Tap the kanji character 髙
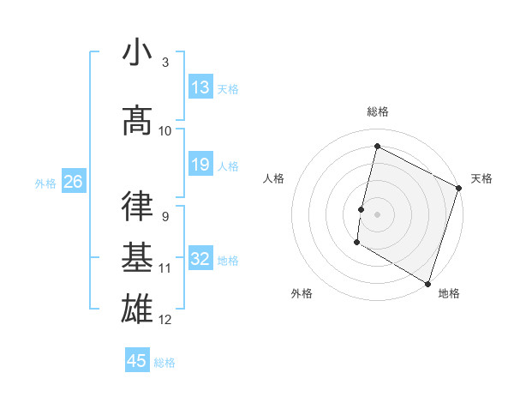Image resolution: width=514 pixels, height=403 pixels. click(137, 120)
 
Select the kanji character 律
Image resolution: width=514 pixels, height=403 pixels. click(137, 206)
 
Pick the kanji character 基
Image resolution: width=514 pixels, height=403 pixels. click(137, 257)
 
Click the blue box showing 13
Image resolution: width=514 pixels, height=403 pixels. click(200, 87)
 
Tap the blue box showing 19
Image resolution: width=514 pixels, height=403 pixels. click(200, 165)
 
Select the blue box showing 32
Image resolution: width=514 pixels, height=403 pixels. click(200, 259)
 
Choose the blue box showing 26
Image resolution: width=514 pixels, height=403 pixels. click(74, 182)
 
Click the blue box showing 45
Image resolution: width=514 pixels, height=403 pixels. click(137, 361)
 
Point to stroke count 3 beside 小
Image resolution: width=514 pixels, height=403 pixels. click(164, 63)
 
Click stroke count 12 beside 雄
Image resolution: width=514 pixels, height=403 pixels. click(165, 320)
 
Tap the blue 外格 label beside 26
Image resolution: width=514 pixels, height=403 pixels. click(45, 183)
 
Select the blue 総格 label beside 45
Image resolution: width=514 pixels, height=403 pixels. click(164, 363)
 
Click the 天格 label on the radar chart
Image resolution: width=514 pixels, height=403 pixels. click(481, 178)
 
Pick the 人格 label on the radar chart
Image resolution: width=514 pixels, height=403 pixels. click(273, 178)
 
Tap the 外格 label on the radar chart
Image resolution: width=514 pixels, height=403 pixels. click(302, 293)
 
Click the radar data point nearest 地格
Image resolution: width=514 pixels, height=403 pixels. click(427, 282)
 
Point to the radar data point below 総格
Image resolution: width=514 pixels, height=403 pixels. click(376, 147)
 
